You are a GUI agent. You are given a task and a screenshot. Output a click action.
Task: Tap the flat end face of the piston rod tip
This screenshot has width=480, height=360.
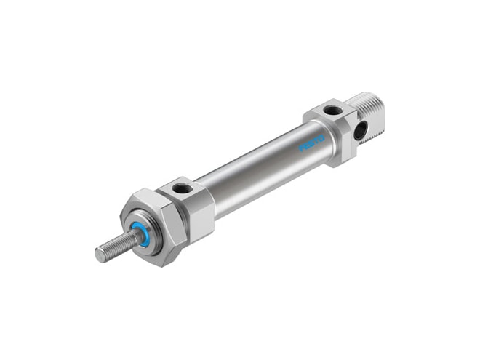point(100,255)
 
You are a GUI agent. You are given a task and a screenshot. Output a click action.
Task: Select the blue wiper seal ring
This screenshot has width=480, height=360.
point(137,236)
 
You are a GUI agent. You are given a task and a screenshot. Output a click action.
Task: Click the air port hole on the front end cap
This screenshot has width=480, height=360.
point(181,188)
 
